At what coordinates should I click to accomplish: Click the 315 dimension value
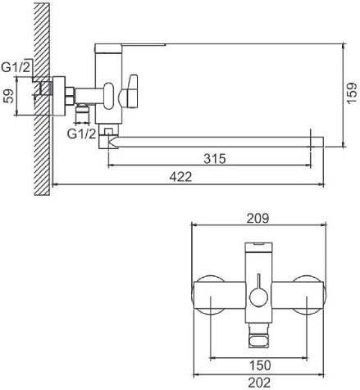(x=215, y=158)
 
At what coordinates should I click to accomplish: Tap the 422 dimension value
(x=180, y=177)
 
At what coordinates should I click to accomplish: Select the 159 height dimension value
(x=353, y=93)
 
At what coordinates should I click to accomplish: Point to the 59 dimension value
(x=9, y=96)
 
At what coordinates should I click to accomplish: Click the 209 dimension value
(x=257, y=219)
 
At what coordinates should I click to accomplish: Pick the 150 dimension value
(x=260, y=365)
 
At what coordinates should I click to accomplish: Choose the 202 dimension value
(x=259, y=383)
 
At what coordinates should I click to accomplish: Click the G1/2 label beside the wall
(x=16, y=67)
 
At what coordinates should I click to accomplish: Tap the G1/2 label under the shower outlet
(x=82, y=134)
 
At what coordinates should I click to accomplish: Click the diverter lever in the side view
(x=129, y=92)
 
